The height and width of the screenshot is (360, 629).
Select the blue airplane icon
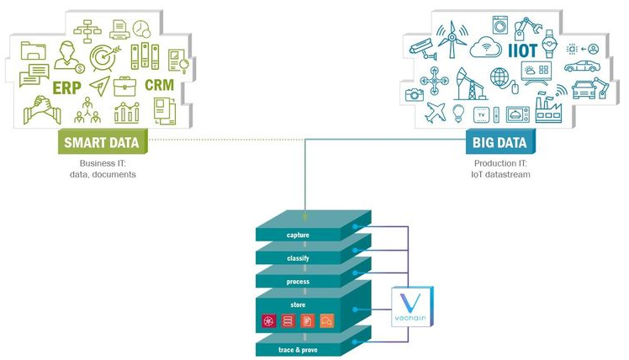coord(435,112)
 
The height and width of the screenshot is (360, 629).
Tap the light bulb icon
coord(458,112)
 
